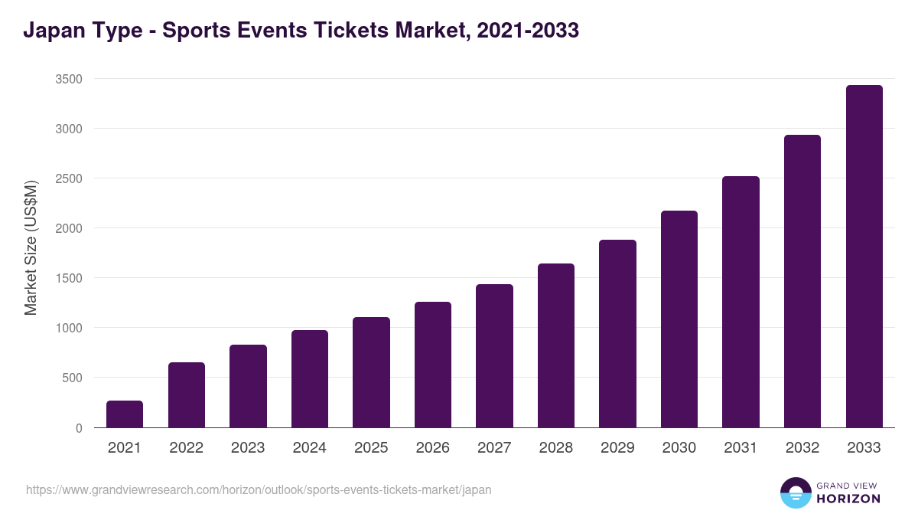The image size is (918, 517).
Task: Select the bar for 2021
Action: [125, 414]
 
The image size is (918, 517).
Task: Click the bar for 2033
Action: [864, 257]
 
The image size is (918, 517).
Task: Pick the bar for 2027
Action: [494, 356]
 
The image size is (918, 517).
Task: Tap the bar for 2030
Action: [679, 319]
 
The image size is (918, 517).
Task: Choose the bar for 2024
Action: [310, 379]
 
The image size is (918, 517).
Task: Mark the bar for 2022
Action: [187, 395]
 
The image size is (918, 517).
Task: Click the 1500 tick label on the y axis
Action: [69, 278]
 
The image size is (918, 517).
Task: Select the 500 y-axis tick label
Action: [72, 378]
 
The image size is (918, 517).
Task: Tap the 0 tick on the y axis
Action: [79, 428]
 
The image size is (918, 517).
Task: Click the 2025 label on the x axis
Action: [371, 448]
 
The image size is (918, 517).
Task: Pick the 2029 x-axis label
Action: [617, 448]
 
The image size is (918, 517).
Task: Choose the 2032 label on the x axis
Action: [802, 448]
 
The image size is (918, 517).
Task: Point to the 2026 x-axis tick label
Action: [433, 448]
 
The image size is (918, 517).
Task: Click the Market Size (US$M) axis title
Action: [31, 247]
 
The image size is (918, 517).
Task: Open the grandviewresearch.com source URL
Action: [259, 489]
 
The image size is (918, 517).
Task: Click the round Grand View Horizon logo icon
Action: [796, 492]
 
